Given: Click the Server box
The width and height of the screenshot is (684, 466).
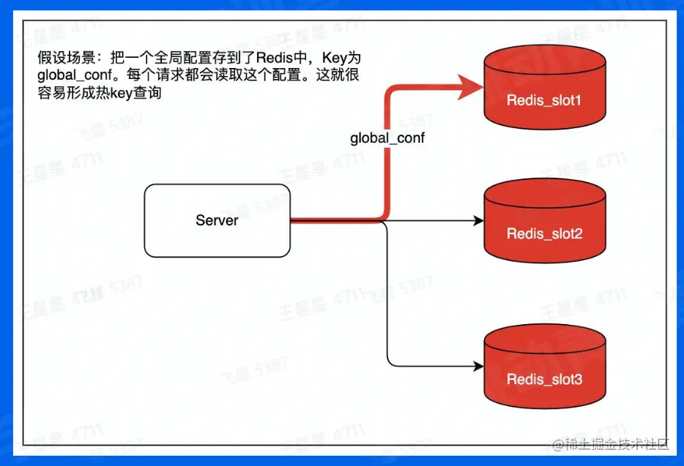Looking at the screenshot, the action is pyautogui.click(x=218, y=221).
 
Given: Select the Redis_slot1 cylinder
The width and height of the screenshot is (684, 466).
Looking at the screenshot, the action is pyautogui.click(x=545, y=87).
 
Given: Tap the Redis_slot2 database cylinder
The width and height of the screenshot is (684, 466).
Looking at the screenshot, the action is pyautogui.click(x=545, y=221).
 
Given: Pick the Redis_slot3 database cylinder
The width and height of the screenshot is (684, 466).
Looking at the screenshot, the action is pyautogui.click(x=545, y=367).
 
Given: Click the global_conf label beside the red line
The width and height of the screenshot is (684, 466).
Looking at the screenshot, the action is pyautogui.click(x=387, y=138).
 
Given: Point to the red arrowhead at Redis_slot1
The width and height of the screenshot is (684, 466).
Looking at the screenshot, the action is pyautogui.click(x=470, y=87).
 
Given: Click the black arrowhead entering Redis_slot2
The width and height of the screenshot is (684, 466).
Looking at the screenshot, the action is pyautogui.click(x=479, y=221).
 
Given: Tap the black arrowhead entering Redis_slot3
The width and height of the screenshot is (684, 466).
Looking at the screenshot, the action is pyautogui.click(x=479, y=367).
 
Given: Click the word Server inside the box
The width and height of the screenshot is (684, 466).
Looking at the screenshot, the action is pyautogui.click(x=217, y=220).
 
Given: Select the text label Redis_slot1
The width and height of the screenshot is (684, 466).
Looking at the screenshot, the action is pyautogui.click(x=544, y=101).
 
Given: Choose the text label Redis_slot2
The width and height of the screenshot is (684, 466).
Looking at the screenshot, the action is pyautogui.click(x=544, y=234).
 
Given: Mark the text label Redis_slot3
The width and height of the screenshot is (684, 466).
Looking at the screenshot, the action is pyautogui.click(x=544, y=379).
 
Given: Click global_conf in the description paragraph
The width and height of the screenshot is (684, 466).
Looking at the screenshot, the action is pyautogui.click(x=75, y=75).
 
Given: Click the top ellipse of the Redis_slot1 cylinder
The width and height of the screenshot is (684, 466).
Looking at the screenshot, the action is pyautogui.click(x=545, y=61).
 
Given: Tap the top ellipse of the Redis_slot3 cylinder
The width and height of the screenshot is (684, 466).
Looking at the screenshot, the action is pyautogui.click(x=545, y=340).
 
